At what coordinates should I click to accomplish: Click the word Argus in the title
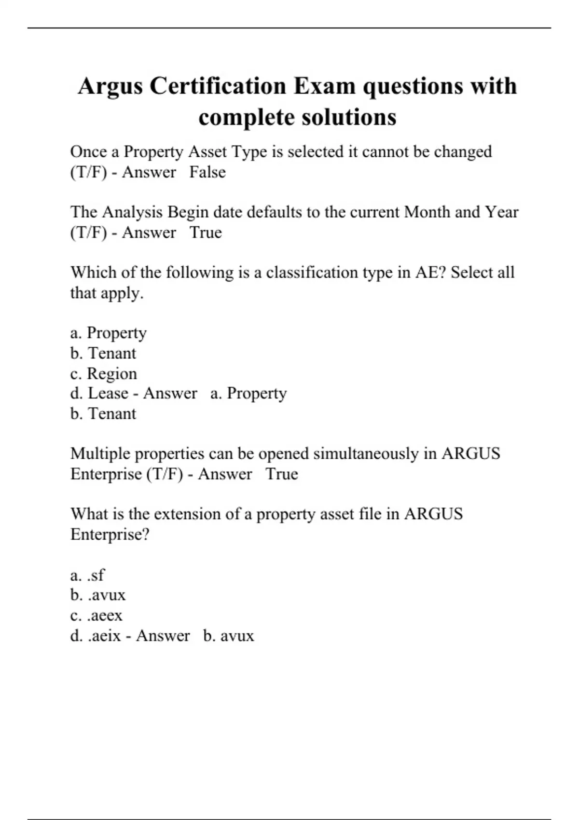(110, 87)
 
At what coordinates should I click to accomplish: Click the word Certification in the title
(218, 87)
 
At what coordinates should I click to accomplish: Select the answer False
(207, 172)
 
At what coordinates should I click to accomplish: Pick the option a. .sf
(87, 575)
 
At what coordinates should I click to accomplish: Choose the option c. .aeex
(96, 615)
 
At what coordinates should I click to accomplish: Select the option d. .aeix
(96, 636)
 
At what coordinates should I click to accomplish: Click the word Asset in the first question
(207, 152)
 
